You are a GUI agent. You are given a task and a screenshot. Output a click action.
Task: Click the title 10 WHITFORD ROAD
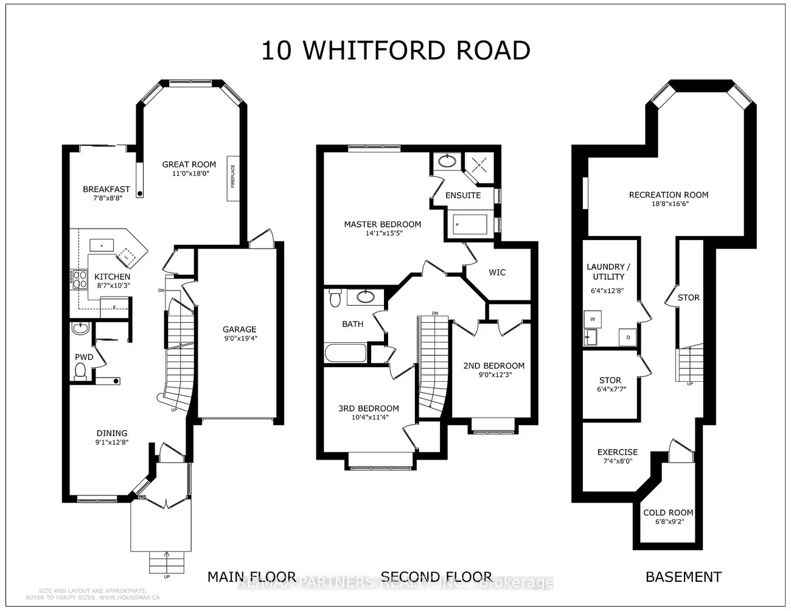(395, 50)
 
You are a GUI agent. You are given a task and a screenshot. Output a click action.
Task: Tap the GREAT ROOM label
(189, 164)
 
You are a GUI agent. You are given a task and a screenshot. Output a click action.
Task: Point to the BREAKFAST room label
(106, 189)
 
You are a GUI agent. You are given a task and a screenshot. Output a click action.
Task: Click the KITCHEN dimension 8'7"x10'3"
(113, 285)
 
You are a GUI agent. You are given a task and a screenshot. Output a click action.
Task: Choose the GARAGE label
(239, 330)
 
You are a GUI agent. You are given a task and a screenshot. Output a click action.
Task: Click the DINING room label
(112, 433)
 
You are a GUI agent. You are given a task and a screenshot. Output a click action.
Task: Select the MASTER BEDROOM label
(382, 224)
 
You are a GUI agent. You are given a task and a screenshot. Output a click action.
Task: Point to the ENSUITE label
(463, 195)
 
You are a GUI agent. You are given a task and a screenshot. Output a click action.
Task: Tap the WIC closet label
(497, 272)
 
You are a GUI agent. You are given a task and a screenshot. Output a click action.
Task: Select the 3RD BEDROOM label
(369, 409)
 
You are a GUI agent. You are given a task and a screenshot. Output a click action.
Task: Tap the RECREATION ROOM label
(668, 195)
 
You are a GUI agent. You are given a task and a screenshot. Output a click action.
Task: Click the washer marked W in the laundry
(592, 319)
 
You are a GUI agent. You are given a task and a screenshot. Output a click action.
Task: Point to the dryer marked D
(628, 337)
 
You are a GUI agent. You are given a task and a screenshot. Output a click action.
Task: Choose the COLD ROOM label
(668, 513)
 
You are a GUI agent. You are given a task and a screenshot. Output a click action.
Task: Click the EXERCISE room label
(618, 452)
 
